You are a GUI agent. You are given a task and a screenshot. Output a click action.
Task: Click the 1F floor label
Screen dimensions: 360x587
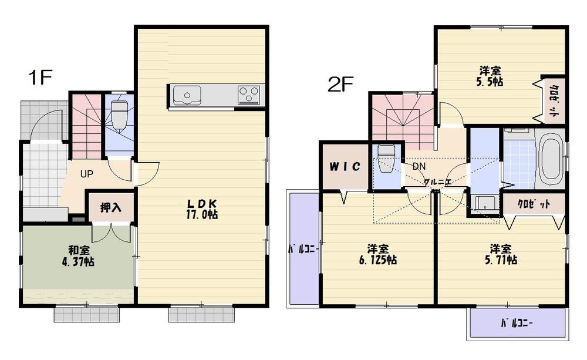(41, 78)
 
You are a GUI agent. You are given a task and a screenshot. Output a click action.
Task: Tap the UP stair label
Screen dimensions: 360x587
(87, 174)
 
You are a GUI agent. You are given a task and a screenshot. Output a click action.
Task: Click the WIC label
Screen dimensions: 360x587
(343, 166)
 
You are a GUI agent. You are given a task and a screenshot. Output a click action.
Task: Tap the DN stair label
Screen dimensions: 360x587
(419, 166)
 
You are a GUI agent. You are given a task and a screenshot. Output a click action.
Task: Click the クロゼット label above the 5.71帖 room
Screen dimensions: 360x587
(534, 204)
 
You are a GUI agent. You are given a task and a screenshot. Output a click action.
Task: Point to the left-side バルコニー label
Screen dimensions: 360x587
(302, 249)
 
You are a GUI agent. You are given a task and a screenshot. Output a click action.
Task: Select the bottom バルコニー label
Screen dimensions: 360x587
(517, 324)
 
